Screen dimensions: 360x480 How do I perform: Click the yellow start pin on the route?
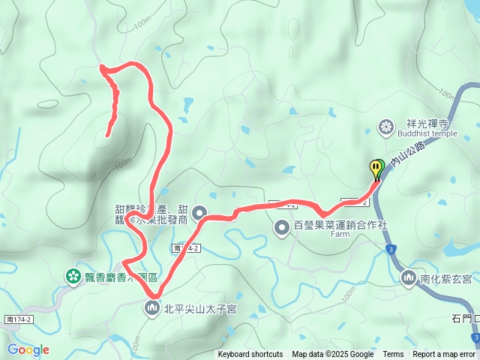click(375, 168)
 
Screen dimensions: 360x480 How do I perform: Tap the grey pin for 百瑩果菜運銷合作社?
click(282, 226)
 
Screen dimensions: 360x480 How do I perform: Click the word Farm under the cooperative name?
click(340, 234)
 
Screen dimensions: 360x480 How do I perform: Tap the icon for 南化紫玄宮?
click(409, 278)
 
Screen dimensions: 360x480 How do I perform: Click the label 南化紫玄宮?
click(445, 279)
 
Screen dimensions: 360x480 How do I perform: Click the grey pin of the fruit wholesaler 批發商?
click(199, 214)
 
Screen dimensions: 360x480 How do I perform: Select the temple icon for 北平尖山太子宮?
click(152, 307)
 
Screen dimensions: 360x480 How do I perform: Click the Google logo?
click(28, 349)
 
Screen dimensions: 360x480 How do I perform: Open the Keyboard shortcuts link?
click(250, 355)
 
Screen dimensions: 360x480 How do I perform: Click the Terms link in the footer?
click(393, 355)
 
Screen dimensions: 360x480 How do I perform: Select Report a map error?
click(443, 355)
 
